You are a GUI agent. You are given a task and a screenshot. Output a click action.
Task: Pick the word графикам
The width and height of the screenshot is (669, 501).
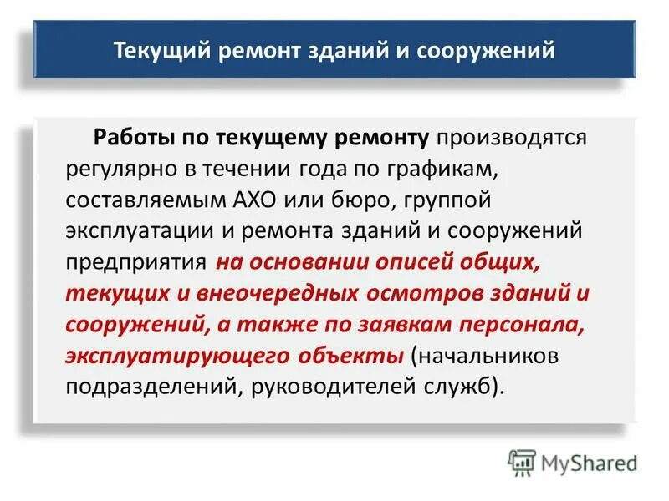436,169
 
